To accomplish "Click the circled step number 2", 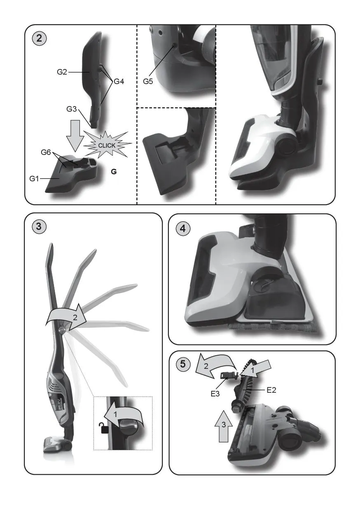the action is pos(39,38).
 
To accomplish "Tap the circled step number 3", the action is pos(39,227).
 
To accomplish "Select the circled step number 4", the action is pos(183,228).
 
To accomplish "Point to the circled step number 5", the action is pos(183,364).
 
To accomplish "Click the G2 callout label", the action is pos(62,72).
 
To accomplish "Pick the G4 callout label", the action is pos(119,81).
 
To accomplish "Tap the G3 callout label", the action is pos(72,109).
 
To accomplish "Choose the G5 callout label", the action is pos(148,81).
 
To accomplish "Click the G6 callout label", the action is pos(46,152).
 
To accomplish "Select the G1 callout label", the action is pos(34,178).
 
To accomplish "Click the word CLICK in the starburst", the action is pos(107,145).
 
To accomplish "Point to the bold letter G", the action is pos(114,171).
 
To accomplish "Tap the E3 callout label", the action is pos(215,394).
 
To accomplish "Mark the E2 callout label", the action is pos(271,390).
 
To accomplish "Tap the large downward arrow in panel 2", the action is pos(75,136).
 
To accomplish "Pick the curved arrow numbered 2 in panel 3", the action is pos(66,316).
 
